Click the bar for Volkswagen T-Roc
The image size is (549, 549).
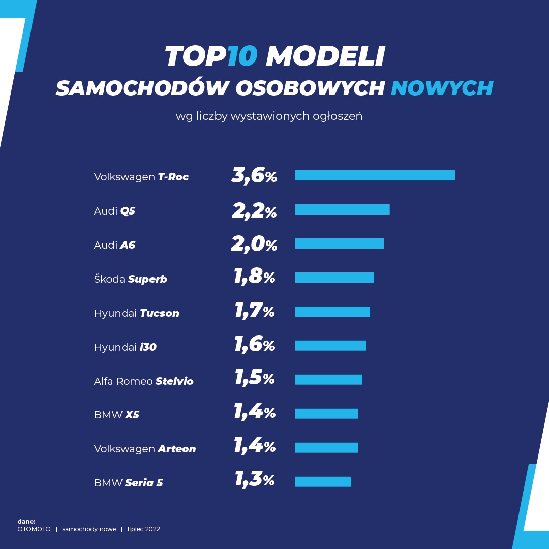pos(375,175)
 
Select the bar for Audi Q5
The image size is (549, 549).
pos(342,209)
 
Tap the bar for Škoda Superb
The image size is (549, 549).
pos(334,278)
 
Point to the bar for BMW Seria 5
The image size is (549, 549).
pos(323,481)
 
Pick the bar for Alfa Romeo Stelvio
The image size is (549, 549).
pos(328,380)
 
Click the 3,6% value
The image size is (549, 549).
pos(254,176)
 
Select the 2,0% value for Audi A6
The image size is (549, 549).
pos(254,244)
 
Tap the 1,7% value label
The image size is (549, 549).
pos(254,311)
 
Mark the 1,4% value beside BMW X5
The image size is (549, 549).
pos(254,413)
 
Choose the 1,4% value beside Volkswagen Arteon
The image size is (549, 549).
pos(254,447)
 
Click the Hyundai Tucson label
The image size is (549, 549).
pos(136,313)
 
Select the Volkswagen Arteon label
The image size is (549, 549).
pos(144,449)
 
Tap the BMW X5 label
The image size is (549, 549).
pos(116,415)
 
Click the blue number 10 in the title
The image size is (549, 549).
pos(243,56)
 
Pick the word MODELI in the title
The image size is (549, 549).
pos(325,56)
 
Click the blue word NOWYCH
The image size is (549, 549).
pos(442,88)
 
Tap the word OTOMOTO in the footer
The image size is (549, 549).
pos(34,529)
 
